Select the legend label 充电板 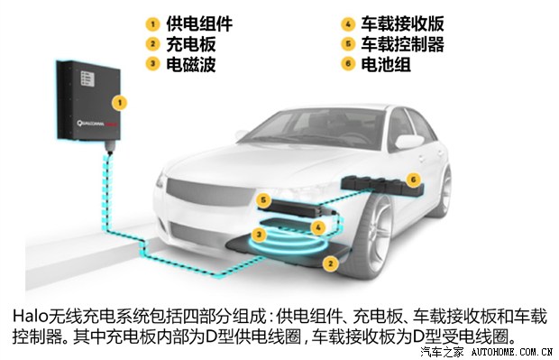pos(190,44)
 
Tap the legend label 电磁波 pos(190,64)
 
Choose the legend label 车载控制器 pos(403,44)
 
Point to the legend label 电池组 pos(386,64)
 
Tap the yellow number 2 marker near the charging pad pos(330,263)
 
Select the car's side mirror pos(408,141)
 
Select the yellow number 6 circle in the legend pos(348,64)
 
